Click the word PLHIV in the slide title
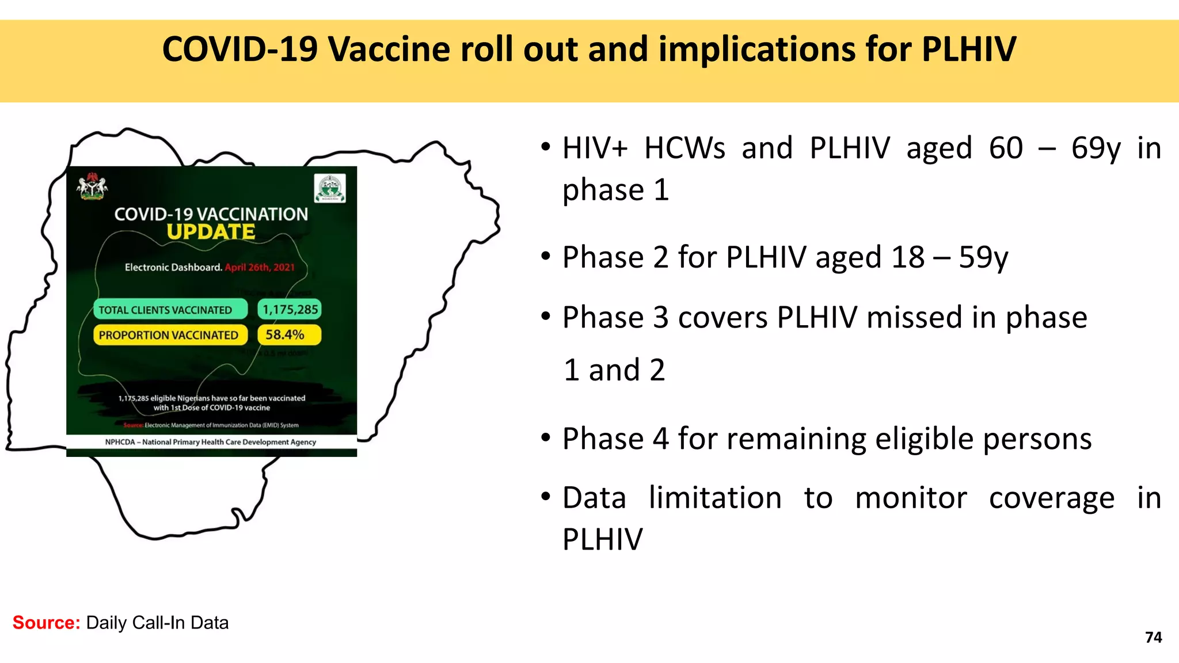click(x=968, y=49)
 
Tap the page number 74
click(x=1153, y=637)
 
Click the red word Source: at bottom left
click(x=46, y=623)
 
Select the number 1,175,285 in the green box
click(x=290, y=310)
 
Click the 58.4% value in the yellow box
click(x=285, y=335)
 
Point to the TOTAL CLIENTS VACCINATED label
click(x=165, y=310)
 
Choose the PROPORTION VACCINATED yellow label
click(x=168, y=335)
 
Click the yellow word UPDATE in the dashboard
click(x=211, y=232)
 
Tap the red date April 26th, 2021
click(x=260, y=268)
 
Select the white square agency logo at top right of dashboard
click(x=330, y=188)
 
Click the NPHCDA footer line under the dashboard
click(x=211, y=442)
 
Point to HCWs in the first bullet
click(x=684, y=148)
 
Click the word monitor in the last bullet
click(x=911, y=498)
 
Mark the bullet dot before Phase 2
click(x=546, y=257)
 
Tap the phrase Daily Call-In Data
click(x=157, y=623)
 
